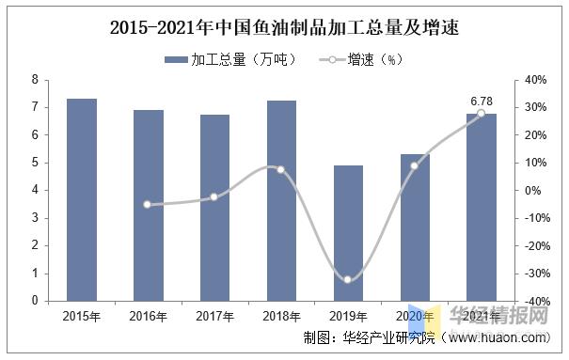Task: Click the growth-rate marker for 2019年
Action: [x=348, y=279]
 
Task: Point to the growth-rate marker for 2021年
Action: [x=481, y=113]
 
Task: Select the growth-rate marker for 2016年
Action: [x=149, y=204]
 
